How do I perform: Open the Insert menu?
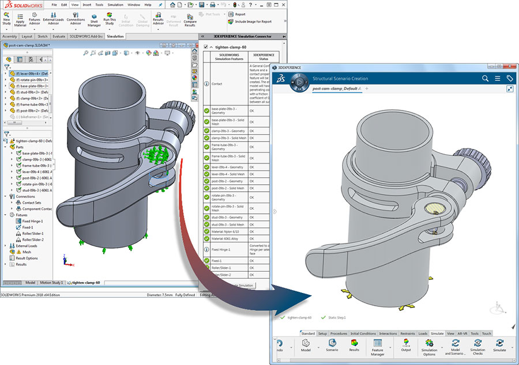point(86,5)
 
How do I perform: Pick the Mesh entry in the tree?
point(27,252)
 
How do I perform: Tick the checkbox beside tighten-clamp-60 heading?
point(206,47)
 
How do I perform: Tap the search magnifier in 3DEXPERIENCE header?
point(485,78)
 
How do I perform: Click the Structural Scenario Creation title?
point(340,78)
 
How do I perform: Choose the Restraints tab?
point(408,333)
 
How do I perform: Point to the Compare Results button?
point(190,22)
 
